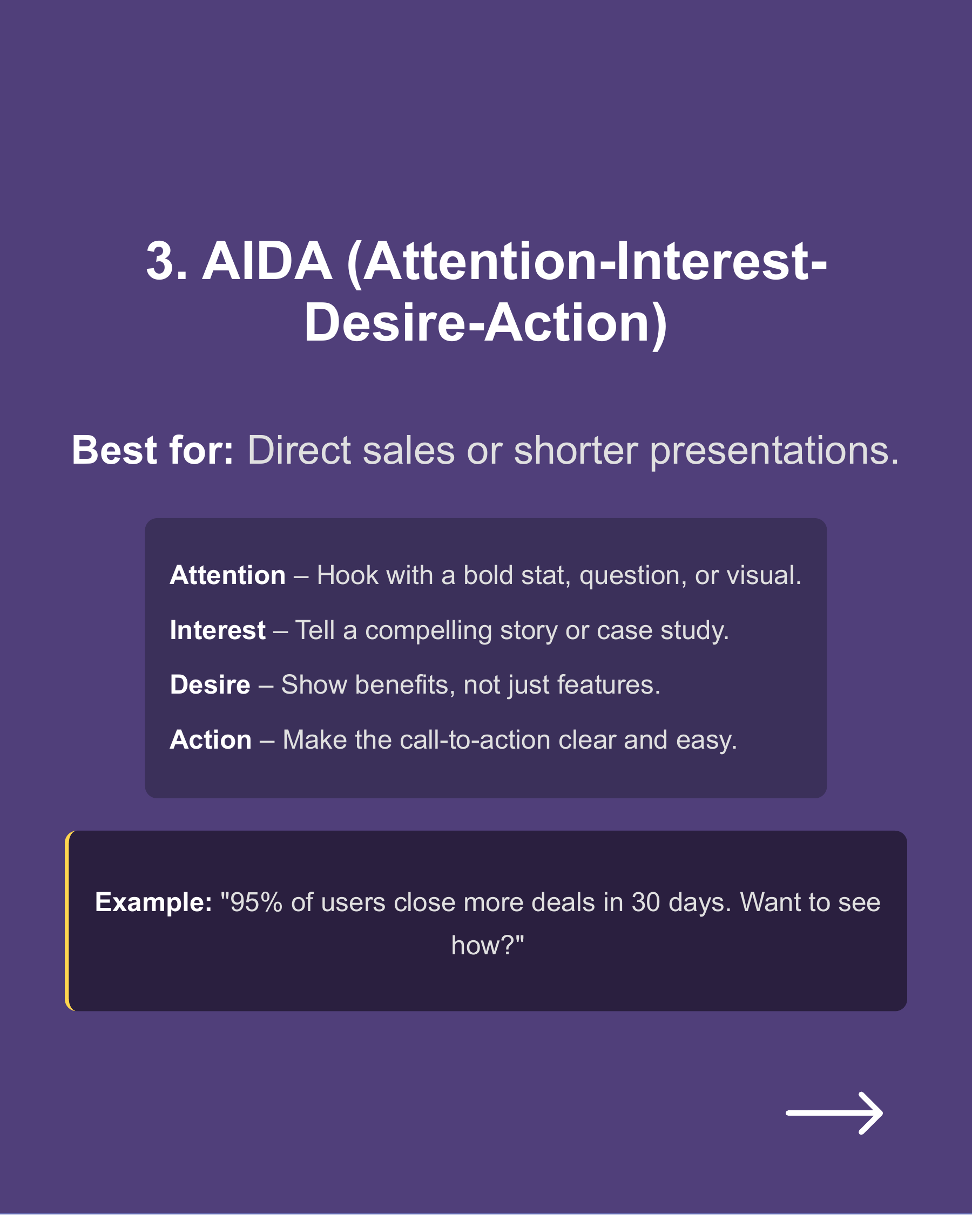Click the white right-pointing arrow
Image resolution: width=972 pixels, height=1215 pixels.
[834, 1113]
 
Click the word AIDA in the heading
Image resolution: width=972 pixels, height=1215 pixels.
[267, 261]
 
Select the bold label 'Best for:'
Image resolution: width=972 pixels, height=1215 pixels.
[152, 450]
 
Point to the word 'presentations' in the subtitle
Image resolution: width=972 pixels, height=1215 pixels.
[773, 451]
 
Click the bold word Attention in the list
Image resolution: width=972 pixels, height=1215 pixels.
[228, 575]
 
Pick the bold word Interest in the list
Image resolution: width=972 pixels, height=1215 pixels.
[218, 630]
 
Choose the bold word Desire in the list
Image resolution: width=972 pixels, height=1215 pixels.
[210, 685]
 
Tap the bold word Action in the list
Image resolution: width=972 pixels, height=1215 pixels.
[210, 740]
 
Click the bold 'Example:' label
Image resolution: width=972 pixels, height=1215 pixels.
[153, 902]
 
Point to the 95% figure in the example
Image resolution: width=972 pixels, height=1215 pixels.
[256, 902]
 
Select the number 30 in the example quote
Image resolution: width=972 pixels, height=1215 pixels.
[645, 902]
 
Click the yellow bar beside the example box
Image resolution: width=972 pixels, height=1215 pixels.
[67, 921]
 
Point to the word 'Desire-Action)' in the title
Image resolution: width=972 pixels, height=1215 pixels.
[485, 323]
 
